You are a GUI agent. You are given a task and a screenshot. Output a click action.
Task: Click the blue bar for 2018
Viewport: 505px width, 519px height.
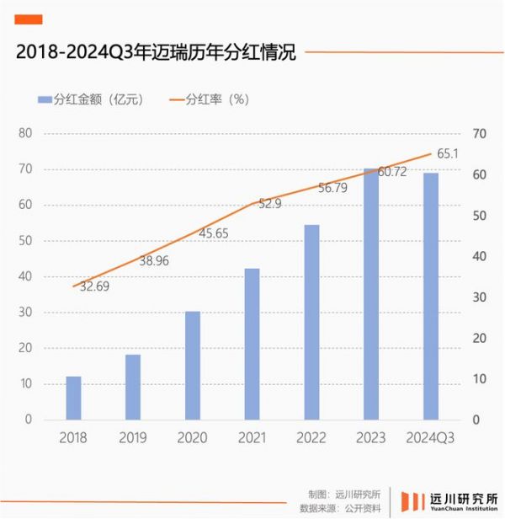[74, 398]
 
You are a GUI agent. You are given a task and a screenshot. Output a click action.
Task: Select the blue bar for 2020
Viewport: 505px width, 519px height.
[193, 366]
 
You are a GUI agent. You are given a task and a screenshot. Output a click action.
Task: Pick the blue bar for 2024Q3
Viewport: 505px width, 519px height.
[431, 296]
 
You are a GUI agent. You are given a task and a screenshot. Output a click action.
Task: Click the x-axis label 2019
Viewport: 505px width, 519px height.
[133, 437]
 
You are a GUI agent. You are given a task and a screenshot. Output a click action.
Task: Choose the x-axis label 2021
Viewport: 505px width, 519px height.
[252, 437]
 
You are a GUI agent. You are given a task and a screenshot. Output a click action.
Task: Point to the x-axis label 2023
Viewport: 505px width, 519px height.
[371, 437]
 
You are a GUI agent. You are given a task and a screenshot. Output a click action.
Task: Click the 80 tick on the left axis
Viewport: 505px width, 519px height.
[25, 133]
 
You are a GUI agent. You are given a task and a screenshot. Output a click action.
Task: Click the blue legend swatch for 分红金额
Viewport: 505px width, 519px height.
[43, 99]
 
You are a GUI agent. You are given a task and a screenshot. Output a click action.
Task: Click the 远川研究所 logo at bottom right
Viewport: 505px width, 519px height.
[449, 499]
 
